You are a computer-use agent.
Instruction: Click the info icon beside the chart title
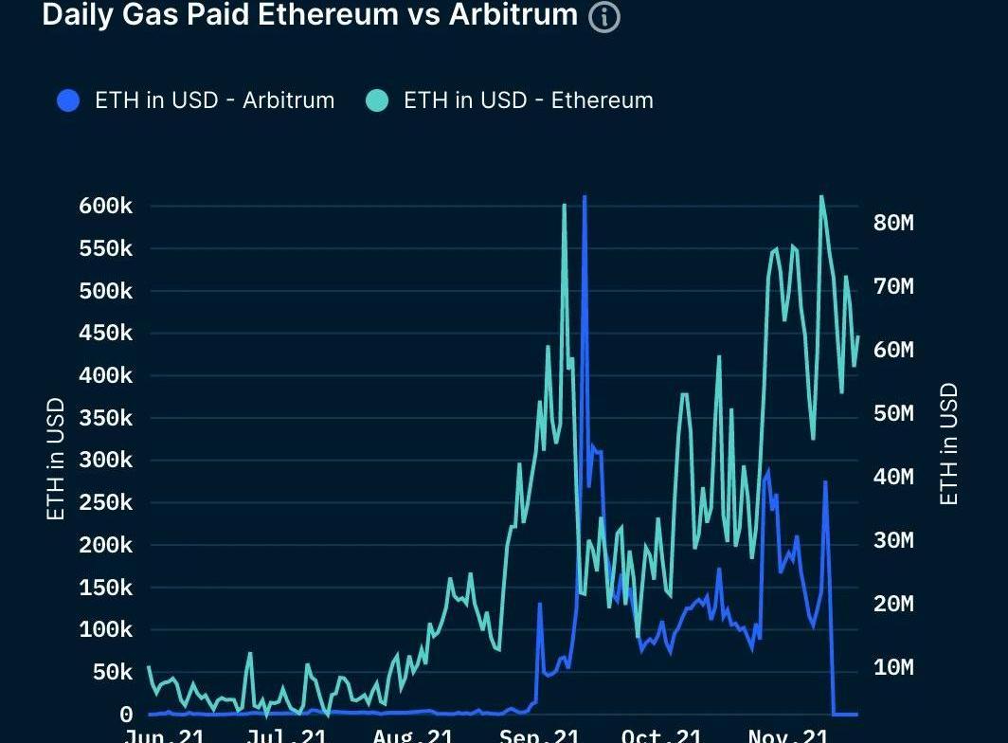tap(604, 17)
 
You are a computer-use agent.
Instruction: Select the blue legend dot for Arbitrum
tap(68, 100)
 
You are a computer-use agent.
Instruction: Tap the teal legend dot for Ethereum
tap(377, 100)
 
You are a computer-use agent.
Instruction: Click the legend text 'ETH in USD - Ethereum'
tap(528, 100)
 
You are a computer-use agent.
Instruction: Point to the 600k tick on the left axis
tap(105, 207)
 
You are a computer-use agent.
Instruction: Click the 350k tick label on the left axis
tap(105, 418)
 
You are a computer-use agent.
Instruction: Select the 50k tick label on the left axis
tap(111, 672)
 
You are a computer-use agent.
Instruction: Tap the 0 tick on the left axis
tap(126, 715)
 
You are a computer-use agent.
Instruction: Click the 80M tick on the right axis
tap(892, 223)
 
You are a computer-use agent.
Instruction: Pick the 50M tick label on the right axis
tap(892, 413)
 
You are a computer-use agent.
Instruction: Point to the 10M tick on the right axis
tap(892, 667)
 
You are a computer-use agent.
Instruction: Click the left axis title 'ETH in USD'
tap(56, 459)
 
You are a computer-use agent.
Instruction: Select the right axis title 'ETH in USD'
tap(948, 444)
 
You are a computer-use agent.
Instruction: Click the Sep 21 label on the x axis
tap(540, 735)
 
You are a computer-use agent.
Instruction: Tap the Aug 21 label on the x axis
tap(413, 735)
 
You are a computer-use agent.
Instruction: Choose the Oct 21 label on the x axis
tap(662, 735)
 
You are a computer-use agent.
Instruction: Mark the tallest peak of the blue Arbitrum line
tap(585, 198)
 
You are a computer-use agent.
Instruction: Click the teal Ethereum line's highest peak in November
tap(820, 197)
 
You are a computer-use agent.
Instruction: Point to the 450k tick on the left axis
tap(105, 334)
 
